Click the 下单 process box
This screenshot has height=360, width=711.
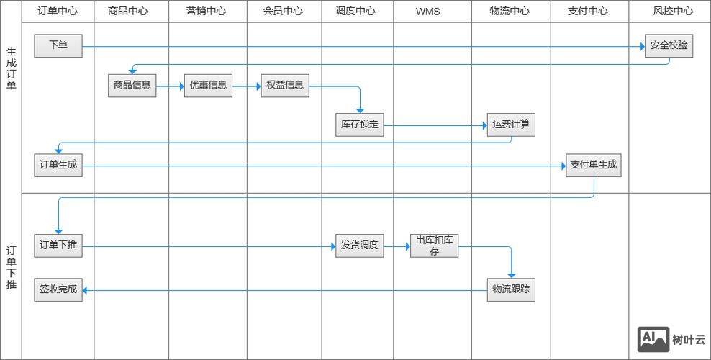[x=58, y=46]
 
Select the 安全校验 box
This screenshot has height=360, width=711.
[x=669, y=46]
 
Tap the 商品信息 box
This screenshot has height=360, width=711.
[x=132, y=86]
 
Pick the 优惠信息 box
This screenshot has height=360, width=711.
[x=208, y=86]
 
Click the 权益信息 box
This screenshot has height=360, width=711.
[x=284, y=86]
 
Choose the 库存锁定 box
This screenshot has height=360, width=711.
[x=360, y=125]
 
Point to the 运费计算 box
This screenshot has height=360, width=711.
[x=511, y=125]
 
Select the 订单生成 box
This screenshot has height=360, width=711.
[x=58, y=166]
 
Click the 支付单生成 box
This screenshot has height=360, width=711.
[x=593, y=166]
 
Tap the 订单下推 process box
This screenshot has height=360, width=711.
[x=58, y=246]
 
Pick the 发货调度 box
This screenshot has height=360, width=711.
[x=360, y=246]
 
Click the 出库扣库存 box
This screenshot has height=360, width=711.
[x=434, y=246]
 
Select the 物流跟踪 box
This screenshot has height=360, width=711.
[x=511, y=290]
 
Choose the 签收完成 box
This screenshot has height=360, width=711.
[x=58, y=290]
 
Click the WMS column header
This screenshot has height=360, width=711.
[x=427, y=12]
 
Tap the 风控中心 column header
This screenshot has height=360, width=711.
[x=673, y=12]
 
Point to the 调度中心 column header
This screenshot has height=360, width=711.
[x=355, y=12]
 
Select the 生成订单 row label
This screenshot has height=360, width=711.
[x=11, y=69]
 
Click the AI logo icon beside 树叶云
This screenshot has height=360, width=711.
[x=653, y=339]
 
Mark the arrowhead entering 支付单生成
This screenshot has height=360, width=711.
[x=563, y=166]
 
